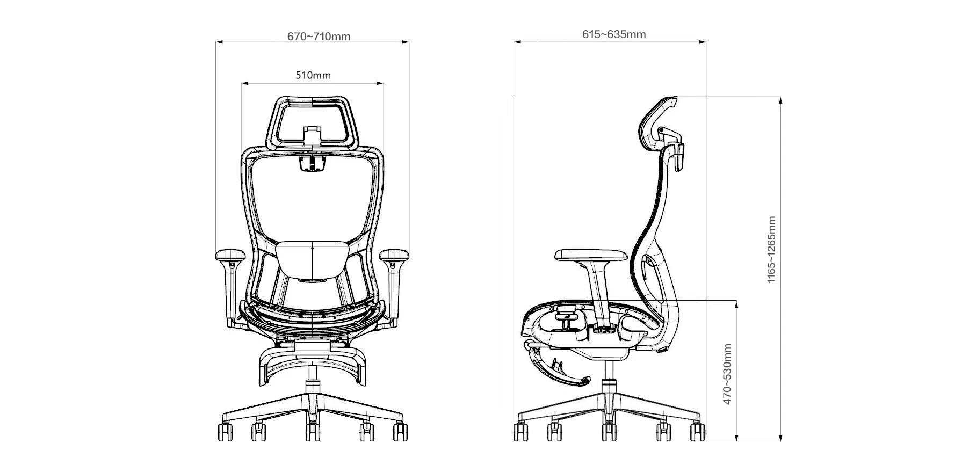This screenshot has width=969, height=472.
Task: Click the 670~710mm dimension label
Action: [x=319, y=37]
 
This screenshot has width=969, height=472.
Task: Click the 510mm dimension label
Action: [x=313, y=75]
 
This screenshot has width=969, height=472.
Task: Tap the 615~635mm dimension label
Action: [x=614, y=34]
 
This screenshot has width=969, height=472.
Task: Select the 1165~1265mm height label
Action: [x=771, y=250]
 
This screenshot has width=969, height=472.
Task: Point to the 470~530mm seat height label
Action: [x=727, y=374]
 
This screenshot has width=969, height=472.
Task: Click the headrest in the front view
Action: [x=313, y=122]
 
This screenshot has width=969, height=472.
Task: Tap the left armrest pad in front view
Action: [x=230, y=255]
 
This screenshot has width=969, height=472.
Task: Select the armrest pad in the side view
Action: [x=591, y=254]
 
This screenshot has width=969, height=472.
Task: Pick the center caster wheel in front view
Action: [x=312, y=432]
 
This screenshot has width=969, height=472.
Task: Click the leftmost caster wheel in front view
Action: [x=226, y=432]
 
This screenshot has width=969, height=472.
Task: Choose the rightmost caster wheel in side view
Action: [x=697, y=432]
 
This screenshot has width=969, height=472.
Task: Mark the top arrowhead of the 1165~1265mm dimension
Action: [x=780, y=101]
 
